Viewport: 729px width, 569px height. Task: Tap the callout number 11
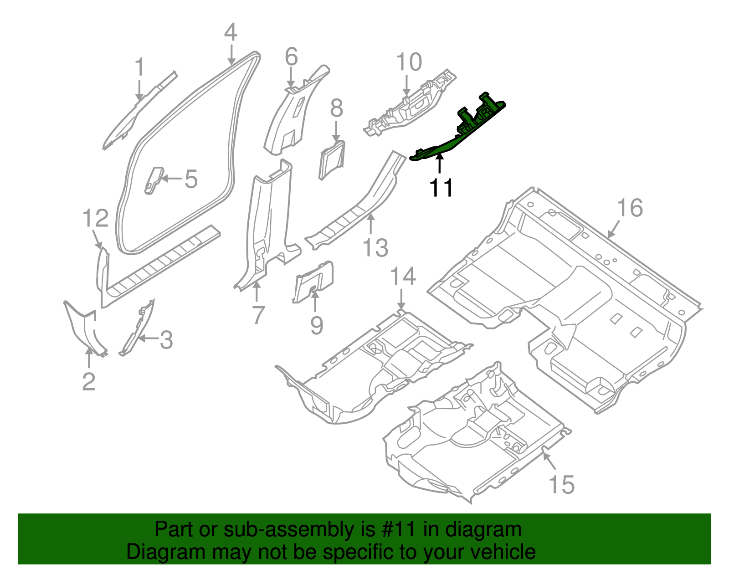(x=442, y=188)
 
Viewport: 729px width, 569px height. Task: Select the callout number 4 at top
(x=231, y=33)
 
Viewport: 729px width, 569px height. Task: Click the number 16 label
(x=630, y=208)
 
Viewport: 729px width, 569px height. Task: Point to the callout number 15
(x=561, y=485)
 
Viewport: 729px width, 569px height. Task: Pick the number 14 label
(x=403, y=277)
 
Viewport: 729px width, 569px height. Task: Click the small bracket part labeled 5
(x=154, y=179)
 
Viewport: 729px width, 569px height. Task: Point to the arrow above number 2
(x=89, y=358)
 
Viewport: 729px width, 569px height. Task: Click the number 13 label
(x=375, y=248)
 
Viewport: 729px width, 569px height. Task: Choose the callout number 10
(x=409, y=62)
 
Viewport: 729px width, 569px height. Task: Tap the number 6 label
(x=291, y=57)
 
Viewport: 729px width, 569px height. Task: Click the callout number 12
(x=96, y=218)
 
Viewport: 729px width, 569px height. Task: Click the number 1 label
(x=140, y=67)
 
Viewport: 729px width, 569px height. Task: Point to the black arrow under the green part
(x=440, y=163)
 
